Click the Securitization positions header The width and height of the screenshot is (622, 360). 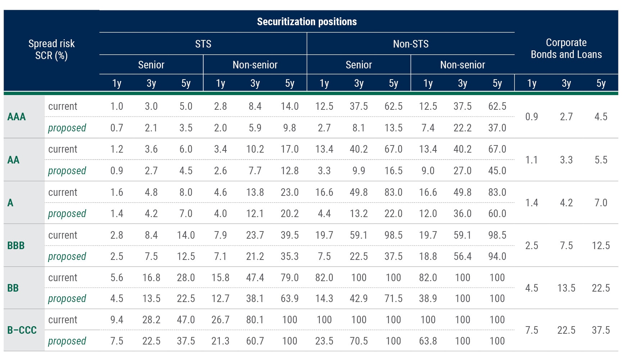tap(307, 22)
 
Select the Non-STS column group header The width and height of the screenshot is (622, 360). tap(410, 44)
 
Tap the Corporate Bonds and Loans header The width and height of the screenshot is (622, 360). tap(566, 49)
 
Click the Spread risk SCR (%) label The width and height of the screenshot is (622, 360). tap(51, 49)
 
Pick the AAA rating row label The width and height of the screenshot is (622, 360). tap(17, 117)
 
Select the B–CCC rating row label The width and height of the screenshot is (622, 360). tap(22, 330)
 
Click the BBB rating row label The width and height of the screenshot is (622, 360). tap(16, 246)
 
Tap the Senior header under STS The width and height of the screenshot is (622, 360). tap(151, 65)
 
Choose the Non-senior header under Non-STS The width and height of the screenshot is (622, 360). tap(462, 65)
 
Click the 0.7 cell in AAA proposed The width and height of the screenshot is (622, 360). tap(117, 128)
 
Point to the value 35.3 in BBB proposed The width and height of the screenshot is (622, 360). tap(290, 256)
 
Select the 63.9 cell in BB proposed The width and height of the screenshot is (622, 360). tap(290, 298)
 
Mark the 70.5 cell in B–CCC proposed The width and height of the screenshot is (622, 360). tap(359, 341)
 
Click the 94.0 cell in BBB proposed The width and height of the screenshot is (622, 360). tap(497, 256)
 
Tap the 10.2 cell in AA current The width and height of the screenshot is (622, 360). tap(255, 149)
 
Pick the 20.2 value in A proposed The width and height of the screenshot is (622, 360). tap(290, 213)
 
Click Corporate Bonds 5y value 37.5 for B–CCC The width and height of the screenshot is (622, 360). tap(600, 330)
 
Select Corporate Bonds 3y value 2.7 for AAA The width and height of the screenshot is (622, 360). tap(566, 117)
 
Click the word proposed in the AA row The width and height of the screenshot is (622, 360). tap(67, 171)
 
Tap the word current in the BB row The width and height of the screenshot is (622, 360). tap(63, 278)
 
